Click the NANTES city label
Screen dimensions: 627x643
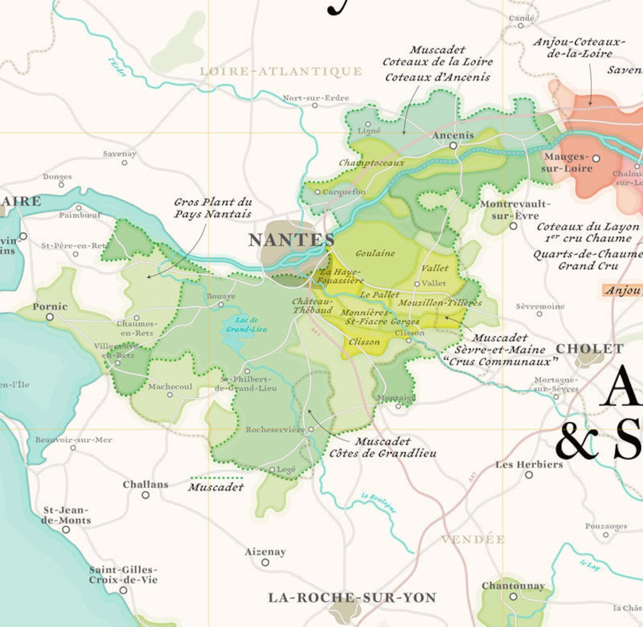tap(291, 240)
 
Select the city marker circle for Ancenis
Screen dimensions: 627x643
tap(453, 145)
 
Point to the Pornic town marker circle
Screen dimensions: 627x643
tap(50, 317)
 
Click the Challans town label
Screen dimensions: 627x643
tap(146, 484)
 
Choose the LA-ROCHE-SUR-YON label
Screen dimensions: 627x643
tap(352, 597)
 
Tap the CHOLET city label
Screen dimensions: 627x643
tap(589, 348)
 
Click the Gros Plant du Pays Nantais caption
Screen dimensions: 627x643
tap(212, 208)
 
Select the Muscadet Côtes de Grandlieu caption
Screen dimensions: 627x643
tap(382, 447)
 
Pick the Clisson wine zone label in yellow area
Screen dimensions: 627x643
tap(364, 342)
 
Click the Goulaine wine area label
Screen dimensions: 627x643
tap(375, 253)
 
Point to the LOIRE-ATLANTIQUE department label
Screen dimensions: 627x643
tap(281, 71)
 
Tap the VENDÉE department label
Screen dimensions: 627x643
tap(473, 540)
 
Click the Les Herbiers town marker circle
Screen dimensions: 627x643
tap(529, 475)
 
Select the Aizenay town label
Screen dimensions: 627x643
tap(265, 551)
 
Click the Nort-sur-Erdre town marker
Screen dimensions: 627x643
tap(315, 105)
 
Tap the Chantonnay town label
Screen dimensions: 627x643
tap(513, 586)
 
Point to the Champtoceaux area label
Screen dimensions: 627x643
tap(371, 163)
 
